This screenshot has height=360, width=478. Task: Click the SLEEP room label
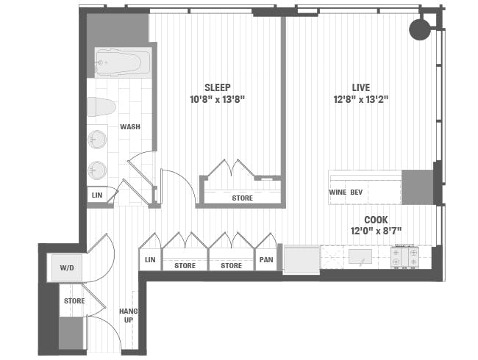coord(217,87)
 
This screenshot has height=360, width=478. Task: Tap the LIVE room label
coord(360,87)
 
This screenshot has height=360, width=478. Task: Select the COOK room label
coord(377,220)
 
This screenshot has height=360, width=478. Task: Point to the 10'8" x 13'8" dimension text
coord(217,98)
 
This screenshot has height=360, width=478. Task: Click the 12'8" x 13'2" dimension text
coord(360,98)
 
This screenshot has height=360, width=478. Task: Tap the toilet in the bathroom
coord(103,107)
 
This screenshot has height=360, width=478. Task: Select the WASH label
coord(130,127)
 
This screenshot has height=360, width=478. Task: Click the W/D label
coord(67,268)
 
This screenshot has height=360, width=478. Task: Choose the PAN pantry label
coord(265,260)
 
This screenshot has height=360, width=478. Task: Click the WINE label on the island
coord(338,192)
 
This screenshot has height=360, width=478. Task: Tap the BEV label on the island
coord(356,192)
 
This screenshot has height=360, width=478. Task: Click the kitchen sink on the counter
coord(360,257)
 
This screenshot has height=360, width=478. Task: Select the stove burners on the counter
coord(404,257)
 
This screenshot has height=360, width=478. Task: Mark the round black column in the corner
coord(420,29)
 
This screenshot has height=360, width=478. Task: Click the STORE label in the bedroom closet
coord(242,198)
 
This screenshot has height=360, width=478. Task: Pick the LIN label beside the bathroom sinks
coord(97,195)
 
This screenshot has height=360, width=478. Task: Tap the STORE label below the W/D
coord(74,300)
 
